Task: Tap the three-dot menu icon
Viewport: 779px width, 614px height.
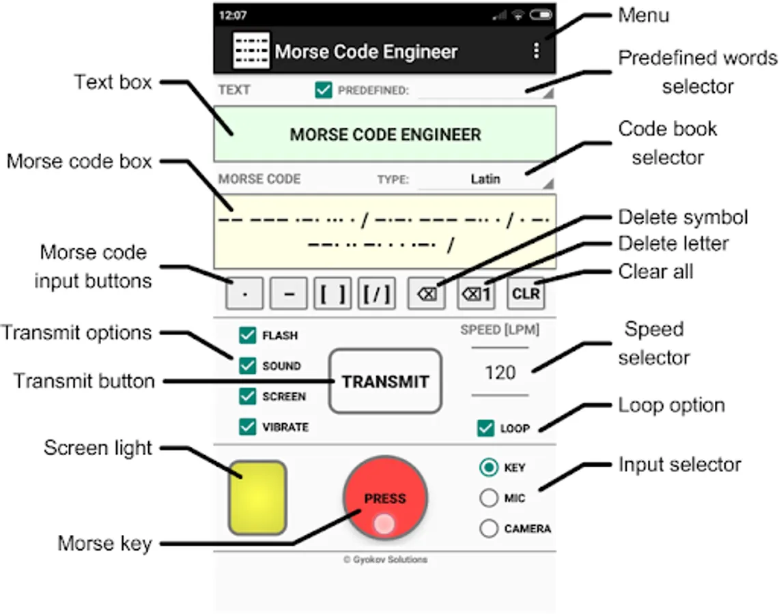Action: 537,50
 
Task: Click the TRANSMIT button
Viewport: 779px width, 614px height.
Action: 385,381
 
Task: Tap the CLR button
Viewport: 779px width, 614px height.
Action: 526,295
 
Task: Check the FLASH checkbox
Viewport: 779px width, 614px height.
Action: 247,335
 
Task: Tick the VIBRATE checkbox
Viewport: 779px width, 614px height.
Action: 247,427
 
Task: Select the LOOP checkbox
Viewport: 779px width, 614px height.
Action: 485,428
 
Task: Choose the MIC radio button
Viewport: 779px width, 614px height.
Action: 489,498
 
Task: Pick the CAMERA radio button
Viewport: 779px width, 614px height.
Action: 489,528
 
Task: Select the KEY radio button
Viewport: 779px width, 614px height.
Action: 489,467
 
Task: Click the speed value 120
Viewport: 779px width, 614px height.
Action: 500,372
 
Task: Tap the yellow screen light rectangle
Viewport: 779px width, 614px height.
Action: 257,497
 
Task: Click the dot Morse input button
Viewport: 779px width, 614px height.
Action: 244,295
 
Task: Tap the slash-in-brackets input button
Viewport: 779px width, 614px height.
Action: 377,295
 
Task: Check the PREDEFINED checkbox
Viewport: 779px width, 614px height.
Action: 324,90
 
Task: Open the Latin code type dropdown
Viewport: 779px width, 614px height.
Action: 485,179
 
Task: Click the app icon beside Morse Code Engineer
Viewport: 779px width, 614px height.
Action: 251,50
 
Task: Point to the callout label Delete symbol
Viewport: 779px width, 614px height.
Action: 683,217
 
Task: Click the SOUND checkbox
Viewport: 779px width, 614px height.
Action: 247,366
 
